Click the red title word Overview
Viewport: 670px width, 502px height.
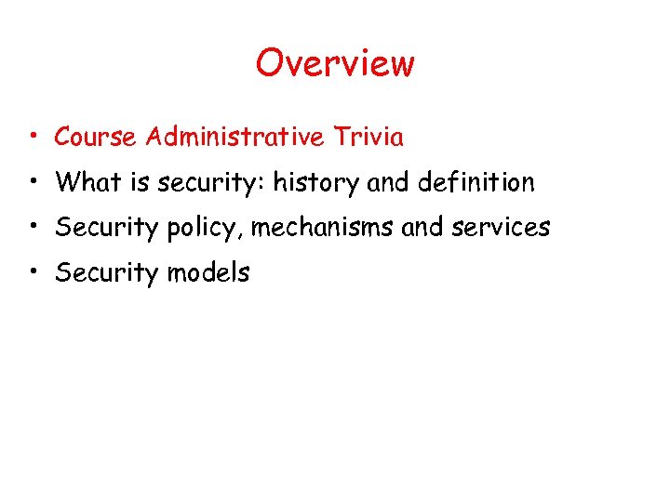335,63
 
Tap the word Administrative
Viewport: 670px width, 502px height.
234,138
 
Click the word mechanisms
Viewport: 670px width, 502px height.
324,228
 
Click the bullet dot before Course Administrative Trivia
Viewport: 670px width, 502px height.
33,139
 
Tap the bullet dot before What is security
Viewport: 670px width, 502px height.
33,183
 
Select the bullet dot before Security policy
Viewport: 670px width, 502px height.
33,228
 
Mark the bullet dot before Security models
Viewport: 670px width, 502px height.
33,272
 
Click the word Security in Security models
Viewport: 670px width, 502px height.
108,272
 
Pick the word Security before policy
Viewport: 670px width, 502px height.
108,228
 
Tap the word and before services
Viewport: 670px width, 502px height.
422,228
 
